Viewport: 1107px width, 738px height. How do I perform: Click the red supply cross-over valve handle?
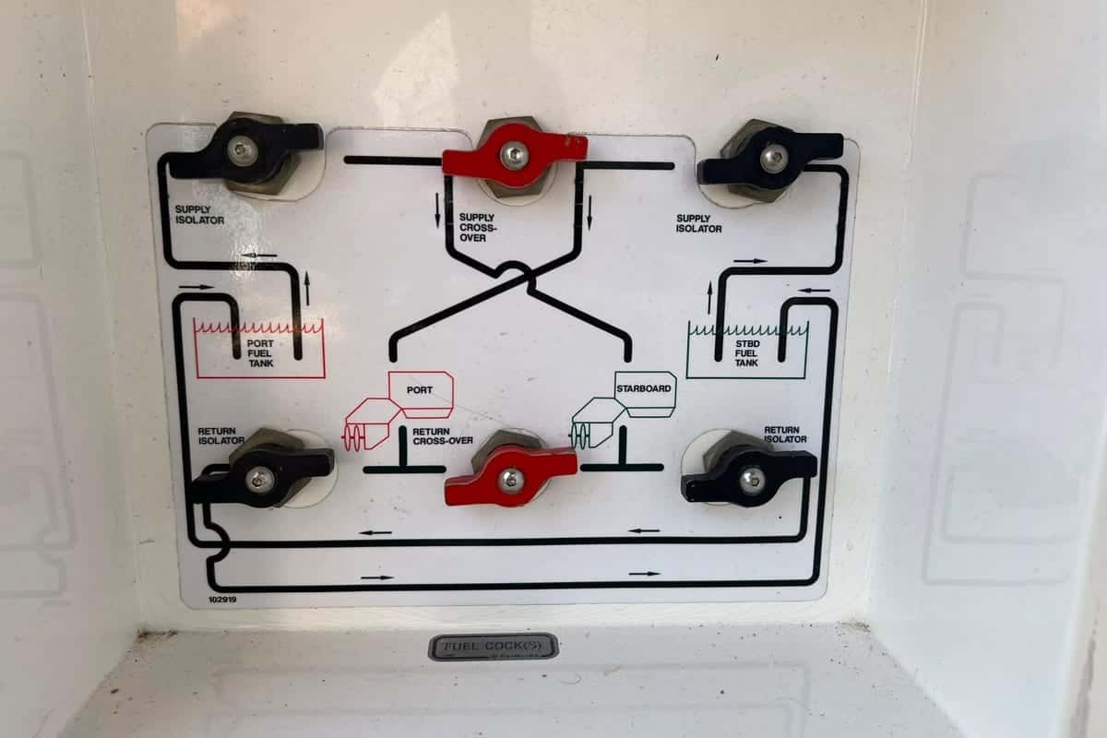pos(515,156)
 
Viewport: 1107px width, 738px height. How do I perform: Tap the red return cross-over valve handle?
pos(511,475)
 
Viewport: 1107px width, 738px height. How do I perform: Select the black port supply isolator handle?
pos(244,149)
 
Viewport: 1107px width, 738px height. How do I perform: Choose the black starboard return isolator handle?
pos(749,475)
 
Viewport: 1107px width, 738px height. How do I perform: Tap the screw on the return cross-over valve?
pos(510,479)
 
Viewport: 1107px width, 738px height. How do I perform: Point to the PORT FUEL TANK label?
pos(260,353)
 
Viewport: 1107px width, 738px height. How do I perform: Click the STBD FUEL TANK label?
pos(746,353)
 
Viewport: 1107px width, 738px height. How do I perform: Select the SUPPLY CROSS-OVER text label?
pos(478,227)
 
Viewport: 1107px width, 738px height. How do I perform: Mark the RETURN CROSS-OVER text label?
pos(443,436)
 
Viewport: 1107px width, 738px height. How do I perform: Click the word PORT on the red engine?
pos(420,390)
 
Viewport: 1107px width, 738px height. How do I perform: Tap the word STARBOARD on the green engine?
pos(644,388)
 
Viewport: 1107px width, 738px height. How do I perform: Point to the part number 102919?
pos(222,600)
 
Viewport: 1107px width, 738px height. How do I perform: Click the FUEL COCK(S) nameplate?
pos(494,647)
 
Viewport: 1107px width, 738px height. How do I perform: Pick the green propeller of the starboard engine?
pos(580,436)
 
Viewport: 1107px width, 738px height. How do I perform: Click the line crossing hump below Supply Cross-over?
pos(514,267)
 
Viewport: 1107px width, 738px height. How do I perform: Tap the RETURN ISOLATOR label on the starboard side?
pos(785,434)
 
